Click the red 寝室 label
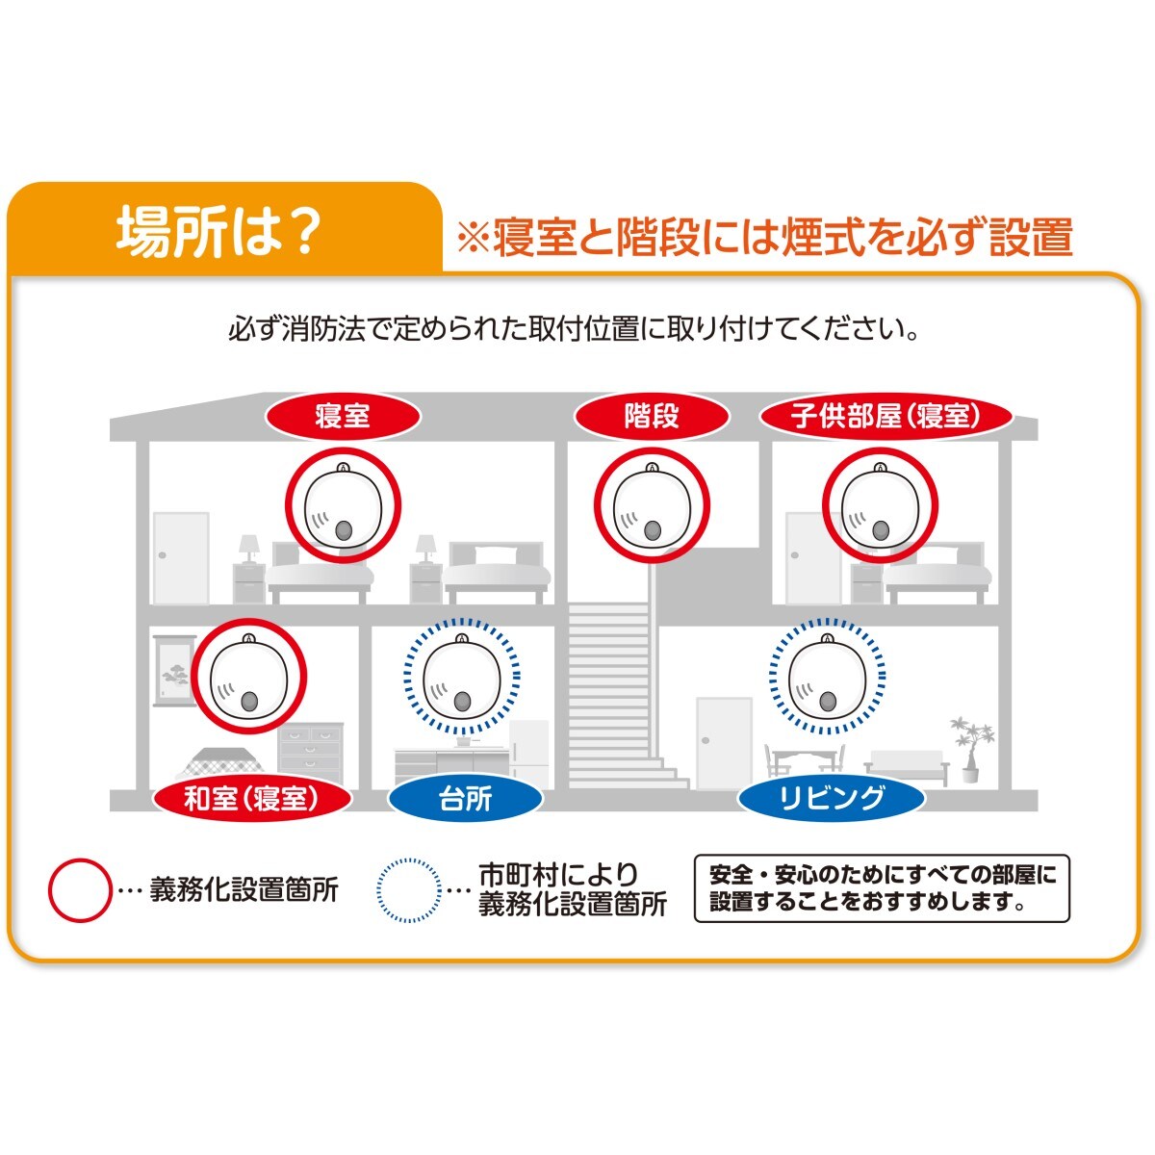pos(343,416)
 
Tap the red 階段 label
pos(652,416)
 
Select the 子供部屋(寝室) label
pos(886,416)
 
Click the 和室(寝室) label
pos(252,798)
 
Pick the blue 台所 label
pos(465,798)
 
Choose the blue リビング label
pos(832,798)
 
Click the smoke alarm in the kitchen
pos(462,676)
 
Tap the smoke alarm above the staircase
pos(652,504)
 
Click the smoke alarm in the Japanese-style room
pos(248,676)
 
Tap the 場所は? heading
pos(216,231)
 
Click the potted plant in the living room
pos(971,749)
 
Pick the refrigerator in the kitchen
pos(528,754)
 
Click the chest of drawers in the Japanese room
pos(311,753)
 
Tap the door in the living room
pos(724,743)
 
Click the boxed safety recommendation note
pos(882,889)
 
